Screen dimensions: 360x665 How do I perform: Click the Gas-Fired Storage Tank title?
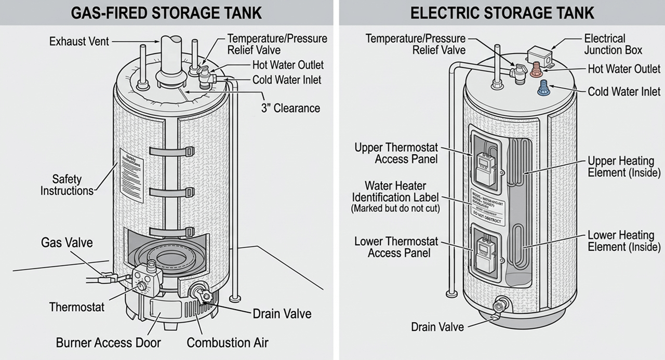click(x=166, y=12)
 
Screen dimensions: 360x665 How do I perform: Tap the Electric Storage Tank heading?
click(x=502, y=12)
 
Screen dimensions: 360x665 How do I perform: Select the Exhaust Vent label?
click(x=79, y=41)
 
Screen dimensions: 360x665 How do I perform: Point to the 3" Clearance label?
click(x=290, y=108)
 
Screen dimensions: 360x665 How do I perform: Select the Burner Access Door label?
click(x=108, y=343)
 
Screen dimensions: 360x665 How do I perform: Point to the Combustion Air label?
click(x=227, y=343)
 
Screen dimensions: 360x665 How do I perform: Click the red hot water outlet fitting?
click(x=535, y=70)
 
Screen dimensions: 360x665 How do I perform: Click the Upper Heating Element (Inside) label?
click(x=623, y=166)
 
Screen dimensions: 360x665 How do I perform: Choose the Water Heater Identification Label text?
click(x=395, y=192)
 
